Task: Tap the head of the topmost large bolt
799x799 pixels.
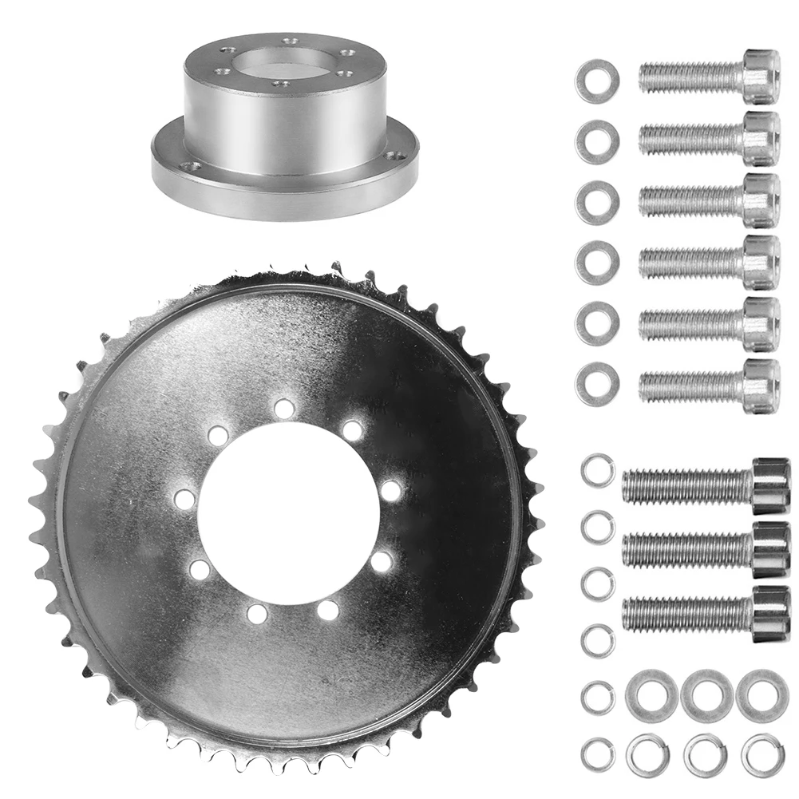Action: click(x=769, y=485)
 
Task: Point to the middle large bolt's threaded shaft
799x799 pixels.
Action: click(x=685, y=550)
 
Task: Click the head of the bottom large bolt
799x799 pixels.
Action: click(x=769, y=613)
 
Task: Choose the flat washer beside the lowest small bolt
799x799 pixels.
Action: click(x=597, y=384)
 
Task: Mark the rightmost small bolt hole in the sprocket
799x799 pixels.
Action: click(x=390, y=490)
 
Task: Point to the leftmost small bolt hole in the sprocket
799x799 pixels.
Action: click(x=184, y=500)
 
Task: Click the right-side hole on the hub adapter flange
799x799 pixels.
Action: click(x=393, y=156)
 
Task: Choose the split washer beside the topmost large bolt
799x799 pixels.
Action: click(x=597, y=470)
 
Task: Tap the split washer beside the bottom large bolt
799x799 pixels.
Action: click(x=597, y=583)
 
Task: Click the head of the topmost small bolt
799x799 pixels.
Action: click(x=760, y=77)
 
